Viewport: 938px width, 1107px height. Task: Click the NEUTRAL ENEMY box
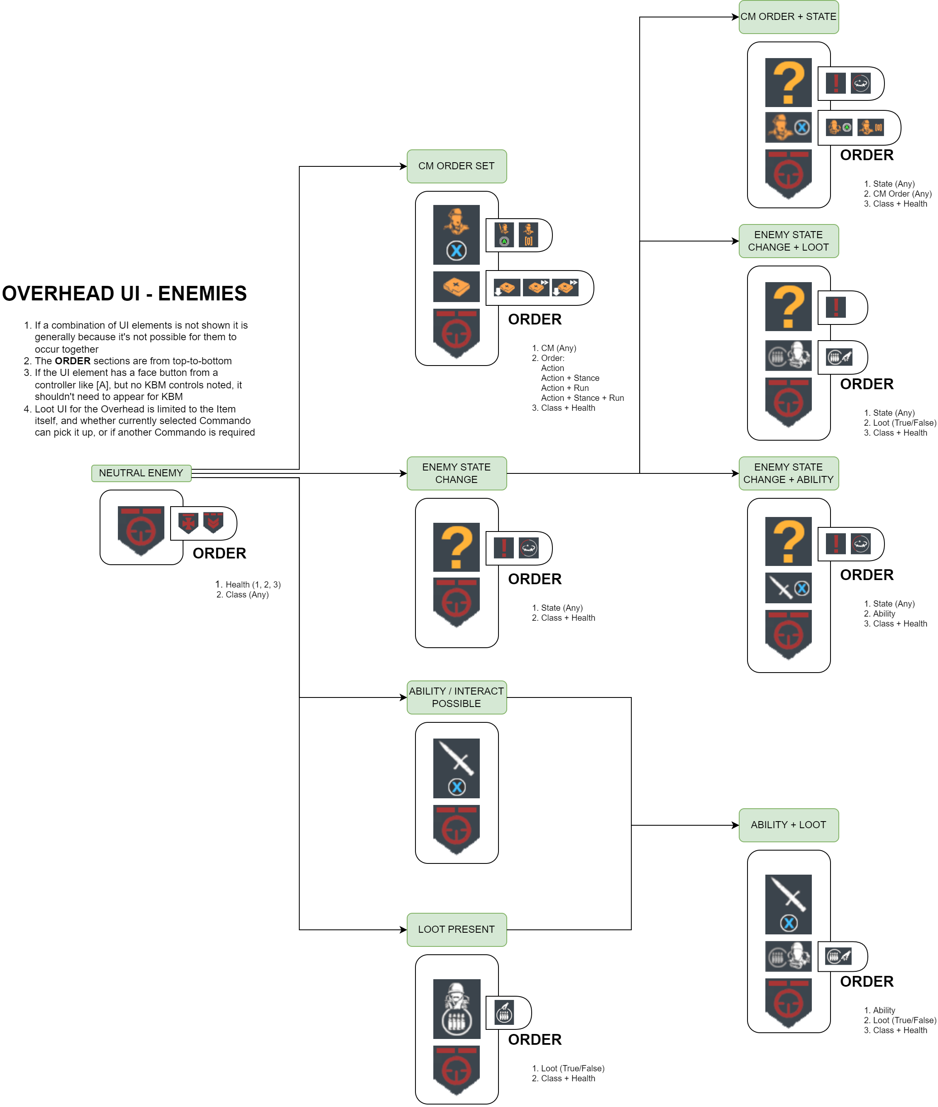[x=141, y=473]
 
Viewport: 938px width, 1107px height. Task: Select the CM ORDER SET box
[x=456, y=166]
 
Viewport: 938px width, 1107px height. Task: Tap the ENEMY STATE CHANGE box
[x=456, y=473]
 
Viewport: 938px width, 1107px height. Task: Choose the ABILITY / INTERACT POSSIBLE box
[x=456, y=697]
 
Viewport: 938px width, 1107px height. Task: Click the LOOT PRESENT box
[x=456, y=929]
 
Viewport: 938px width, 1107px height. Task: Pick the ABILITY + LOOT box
[x=788, y=825]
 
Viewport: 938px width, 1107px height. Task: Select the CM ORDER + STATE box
[x=788, y=17]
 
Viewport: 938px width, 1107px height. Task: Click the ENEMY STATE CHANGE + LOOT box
[x=788, y=241]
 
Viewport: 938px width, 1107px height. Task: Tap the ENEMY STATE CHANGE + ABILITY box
[x=788, y=473]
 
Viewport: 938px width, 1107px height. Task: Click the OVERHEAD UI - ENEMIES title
[x=125, y=293]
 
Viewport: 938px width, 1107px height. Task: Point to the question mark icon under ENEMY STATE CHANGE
[x=456, y=547]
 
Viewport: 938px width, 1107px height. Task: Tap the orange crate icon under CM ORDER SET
[x=456, y=286]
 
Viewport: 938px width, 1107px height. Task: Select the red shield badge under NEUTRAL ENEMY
[x=141, y=530]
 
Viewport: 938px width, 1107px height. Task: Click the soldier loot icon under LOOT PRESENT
[x=456, y=1008]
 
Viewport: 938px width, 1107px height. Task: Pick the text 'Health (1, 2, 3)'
[x=253, y=585]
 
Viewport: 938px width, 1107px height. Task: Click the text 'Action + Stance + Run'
[x=582, y=398]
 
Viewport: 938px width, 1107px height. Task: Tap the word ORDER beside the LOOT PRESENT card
[x=535, y=1039]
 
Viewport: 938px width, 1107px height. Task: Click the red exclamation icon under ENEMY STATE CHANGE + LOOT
[x=835, y=307]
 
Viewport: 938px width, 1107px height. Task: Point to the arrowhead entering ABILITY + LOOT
[x=735, y=825]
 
